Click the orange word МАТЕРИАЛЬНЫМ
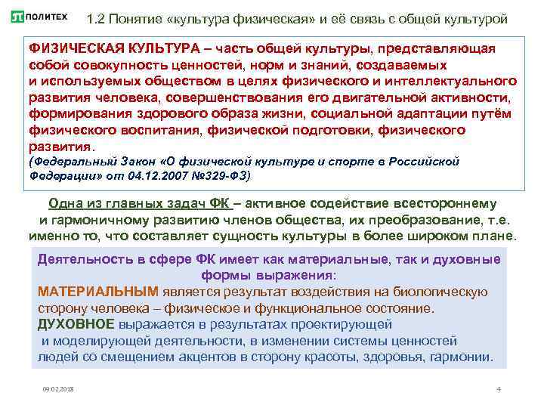[x=98, y=292]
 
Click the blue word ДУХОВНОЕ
[x=76, y=324]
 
